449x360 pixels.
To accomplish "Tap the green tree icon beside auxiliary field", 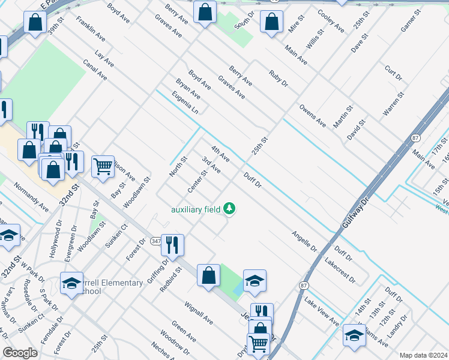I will click(x=229, y=209).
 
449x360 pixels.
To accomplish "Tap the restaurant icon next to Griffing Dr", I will click(x=172, y=245).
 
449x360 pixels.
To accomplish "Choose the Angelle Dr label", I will click(x=304, y=241).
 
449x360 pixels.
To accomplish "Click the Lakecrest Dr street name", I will click(x=339, y=271).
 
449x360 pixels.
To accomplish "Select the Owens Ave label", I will click(x=313, y=115).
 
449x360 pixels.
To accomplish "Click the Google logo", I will click(x=20, y=353).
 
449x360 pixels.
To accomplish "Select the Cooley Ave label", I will click(x=330, y=21).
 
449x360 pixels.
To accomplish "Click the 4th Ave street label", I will click(x=220, y=153).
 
